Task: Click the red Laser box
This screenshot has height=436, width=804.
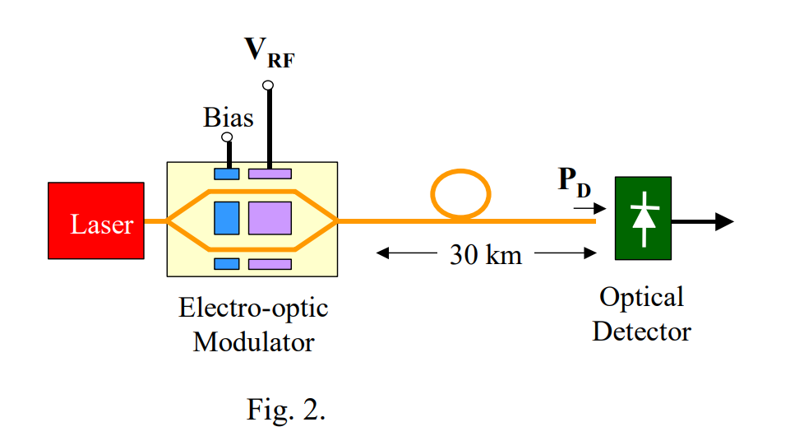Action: point(96,223)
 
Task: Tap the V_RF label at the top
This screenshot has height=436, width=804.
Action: point(268,51)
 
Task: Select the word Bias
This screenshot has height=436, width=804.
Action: point(229,118)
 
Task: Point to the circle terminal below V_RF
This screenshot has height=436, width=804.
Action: point(268,85)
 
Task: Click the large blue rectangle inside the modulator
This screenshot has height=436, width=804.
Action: point(226,219)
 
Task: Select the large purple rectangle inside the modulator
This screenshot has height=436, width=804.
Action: point(270,219)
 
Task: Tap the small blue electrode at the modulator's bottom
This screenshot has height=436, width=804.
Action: point(226,264)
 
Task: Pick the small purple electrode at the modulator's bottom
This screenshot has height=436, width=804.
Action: point(270,264)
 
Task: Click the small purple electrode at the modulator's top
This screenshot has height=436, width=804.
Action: point(270,174)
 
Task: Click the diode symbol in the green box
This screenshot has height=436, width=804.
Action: point(642,216)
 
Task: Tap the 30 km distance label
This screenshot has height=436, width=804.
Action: point(485,255)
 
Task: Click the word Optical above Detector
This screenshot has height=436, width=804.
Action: point(641,297)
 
